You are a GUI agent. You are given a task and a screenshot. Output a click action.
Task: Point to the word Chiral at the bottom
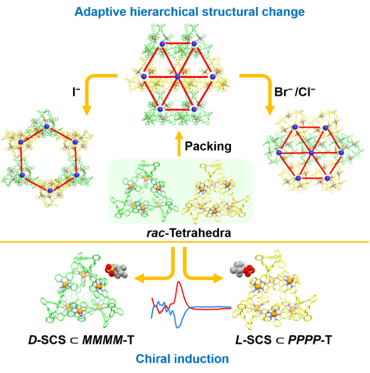[156, 358]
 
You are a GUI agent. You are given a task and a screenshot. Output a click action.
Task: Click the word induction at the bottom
[202, 358]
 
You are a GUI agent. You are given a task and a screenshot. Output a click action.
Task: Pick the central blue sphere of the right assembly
[311, 153]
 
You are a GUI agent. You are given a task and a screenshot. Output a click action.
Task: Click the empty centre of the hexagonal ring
[48, 159]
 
